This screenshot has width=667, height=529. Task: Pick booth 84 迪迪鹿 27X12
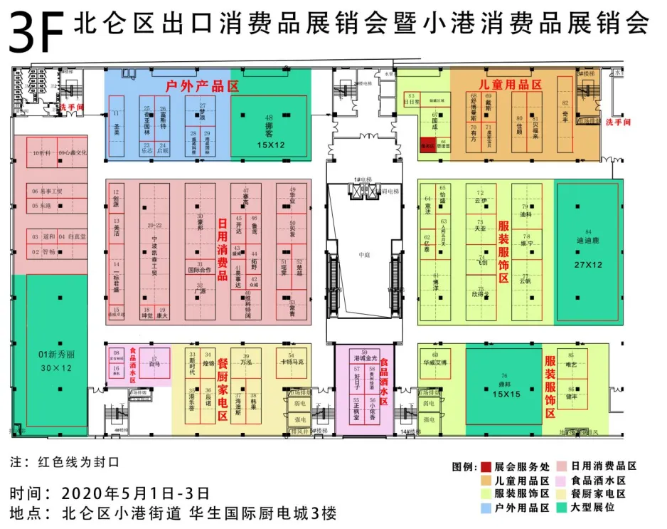(x=588, y=246)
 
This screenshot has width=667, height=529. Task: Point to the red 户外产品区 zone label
(x=201, y=86)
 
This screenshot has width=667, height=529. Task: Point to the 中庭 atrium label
(x=364, y=255)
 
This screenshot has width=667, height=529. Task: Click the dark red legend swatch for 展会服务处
(x=486, y=467)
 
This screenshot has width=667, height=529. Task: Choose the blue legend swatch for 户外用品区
(x=486, y=508)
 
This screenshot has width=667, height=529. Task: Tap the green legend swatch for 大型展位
(x=564, y=508)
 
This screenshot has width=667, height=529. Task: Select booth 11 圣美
(x=117, y=126)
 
